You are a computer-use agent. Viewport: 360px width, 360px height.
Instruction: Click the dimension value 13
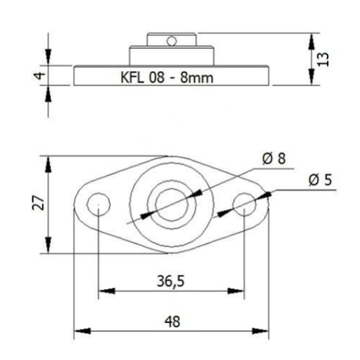323,58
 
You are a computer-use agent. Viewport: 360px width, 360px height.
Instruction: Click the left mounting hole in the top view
97,205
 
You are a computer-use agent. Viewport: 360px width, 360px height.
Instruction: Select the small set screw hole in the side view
172,41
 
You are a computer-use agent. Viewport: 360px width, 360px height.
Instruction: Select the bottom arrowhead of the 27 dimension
48,246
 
